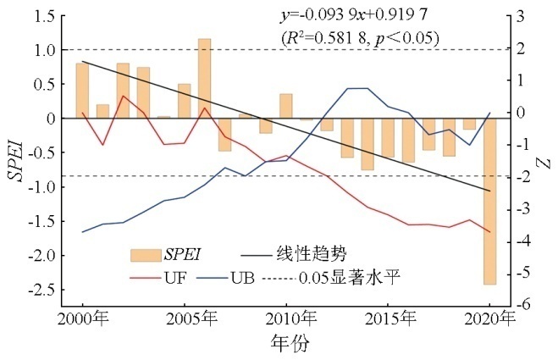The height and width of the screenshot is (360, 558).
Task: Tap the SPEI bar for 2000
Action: click(83, 91)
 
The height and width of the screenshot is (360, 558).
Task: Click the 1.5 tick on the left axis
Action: click(49, 16)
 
